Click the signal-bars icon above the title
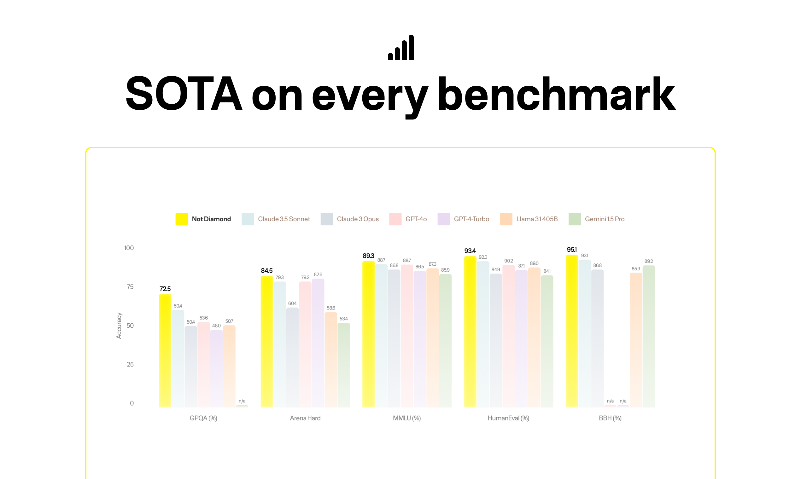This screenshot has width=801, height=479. click(x=400, y=48)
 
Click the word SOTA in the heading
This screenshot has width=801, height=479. click(x=184, y=94)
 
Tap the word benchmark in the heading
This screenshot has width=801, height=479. click(x=556, y=94)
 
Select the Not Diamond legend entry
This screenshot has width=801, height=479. click(x=203, y=219)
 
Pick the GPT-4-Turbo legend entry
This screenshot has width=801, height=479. click(x=463, y=219)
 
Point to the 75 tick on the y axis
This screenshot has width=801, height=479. click(x=130, y=287)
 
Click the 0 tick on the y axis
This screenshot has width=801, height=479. click(x=132, y=403)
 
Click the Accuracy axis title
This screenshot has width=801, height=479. click(x=119, y=325)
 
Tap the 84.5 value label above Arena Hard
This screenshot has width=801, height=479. click(x=266, y=270)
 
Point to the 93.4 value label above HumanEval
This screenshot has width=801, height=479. click(x=470, y=251)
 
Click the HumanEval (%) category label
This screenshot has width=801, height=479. click(x=508, y=418)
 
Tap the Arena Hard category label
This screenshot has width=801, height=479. click(x=305, y=418)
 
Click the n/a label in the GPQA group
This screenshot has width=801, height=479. click(x=242, y=401)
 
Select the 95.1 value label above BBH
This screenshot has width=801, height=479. click(x=572, y=250)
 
